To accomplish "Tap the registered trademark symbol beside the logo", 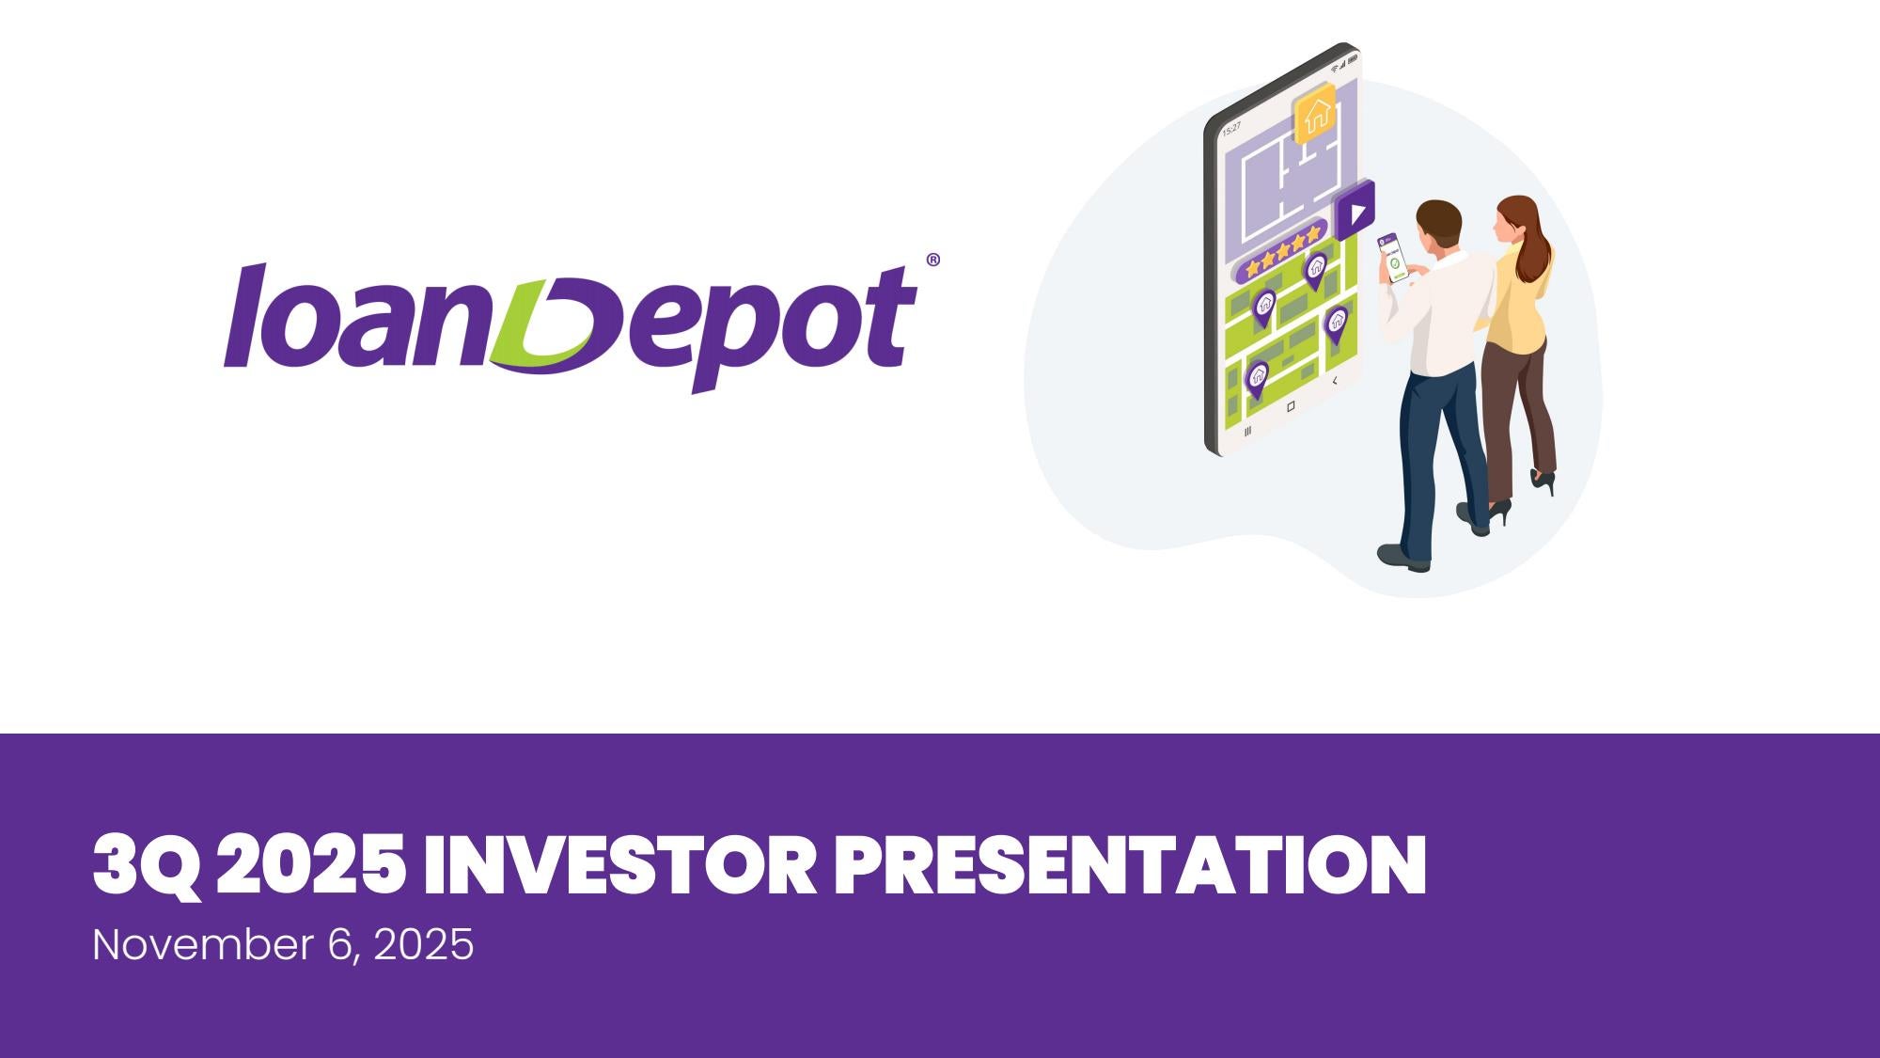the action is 932,261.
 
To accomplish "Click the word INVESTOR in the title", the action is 619,864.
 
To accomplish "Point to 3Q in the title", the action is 146,866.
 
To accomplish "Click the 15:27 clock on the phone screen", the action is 1231,126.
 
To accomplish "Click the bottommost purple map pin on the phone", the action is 1257,378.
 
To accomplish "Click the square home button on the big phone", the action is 1291,406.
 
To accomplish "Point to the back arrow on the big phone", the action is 1335,381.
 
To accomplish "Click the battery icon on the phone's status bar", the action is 1352,58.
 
